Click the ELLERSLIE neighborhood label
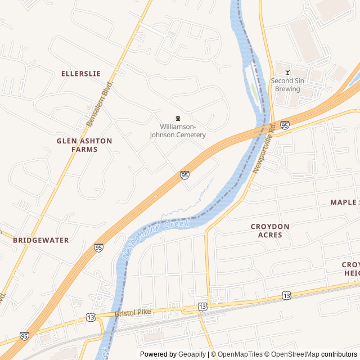tap(80, 74)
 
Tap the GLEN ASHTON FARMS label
tap(84, 145)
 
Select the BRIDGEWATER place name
tap(41, 240)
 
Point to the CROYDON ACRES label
tap(270, 231)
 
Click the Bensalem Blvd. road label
tap(100, 103)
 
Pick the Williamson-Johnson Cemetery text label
tap(177, 131)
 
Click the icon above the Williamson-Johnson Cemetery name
tap(178, 118)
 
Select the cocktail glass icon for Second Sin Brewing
tap(288, 72)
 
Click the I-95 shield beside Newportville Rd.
tap(285, 125)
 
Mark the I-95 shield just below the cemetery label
tap(184, 175)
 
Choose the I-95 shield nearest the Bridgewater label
tap(98, 247)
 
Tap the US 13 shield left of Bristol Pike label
tap(91, 317)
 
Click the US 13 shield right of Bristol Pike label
tap(202, 307)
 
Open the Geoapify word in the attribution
tap(193, 354)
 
